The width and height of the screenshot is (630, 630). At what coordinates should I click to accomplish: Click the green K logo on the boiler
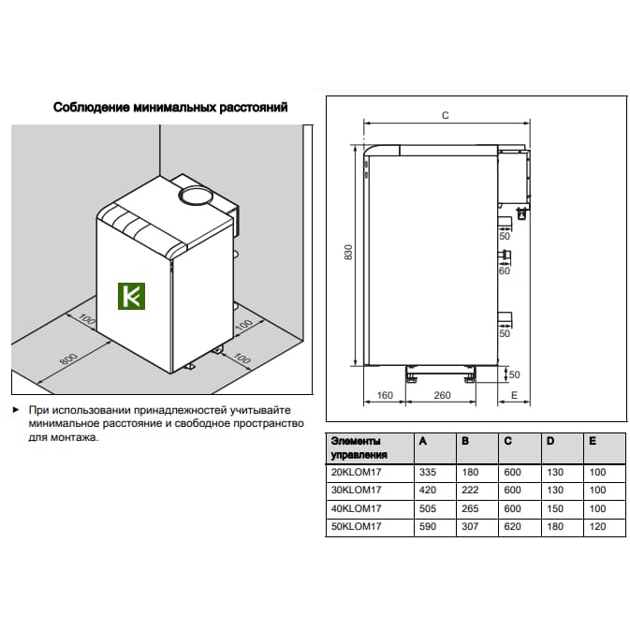click(x=131, y=296)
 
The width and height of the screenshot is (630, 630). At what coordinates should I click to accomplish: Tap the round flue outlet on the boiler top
click(x=196, y=197)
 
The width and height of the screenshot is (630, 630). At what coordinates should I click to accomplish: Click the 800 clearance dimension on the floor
click(x=68, y=359)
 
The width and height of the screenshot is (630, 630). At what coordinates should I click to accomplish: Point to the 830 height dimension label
click(x=348, y=252)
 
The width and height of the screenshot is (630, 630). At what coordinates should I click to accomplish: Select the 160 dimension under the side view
click(x=385, y=395)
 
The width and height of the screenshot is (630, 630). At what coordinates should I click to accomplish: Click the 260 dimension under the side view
click(x=442, y=395)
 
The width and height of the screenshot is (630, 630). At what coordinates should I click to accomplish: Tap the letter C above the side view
click(x=446, y=115)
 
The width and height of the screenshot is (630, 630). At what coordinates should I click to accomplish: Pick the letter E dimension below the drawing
click(x=514, y=395)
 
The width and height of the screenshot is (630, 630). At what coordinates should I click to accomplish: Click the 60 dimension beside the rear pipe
click(x=505, y=271)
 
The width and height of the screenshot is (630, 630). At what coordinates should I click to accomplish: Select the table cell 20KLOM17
click(x=356, y=472)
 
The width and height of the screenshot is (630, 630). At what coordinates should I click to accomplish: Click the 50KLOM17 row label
click(x=356, y=526)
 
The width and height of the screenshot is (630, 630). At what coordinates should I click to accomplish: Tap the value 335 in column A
click(x=428, y=472)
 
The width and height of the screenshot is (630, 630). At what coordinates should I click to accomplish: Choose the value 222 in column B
click(x=470, y=491)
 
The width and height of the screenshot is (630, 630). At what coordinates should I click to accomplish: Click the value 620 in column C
click(x=512, y=526)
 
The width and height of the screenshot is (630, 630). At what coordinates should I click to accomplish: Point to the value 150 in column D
click(x=555, y=508)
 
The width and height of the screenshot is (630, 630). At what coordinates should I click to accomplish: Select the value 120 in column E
click(x=597, y=526)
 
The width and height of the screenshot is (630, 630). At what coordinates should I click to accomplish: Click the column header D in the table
click(x=550, y=441)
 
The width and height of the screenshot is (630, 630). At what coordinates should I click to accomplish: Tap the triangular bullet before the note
click(x=16, y=410)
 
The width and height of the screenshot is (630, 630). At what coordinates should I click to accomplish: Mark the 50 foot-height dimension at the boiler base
click(x=514, y=374)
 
